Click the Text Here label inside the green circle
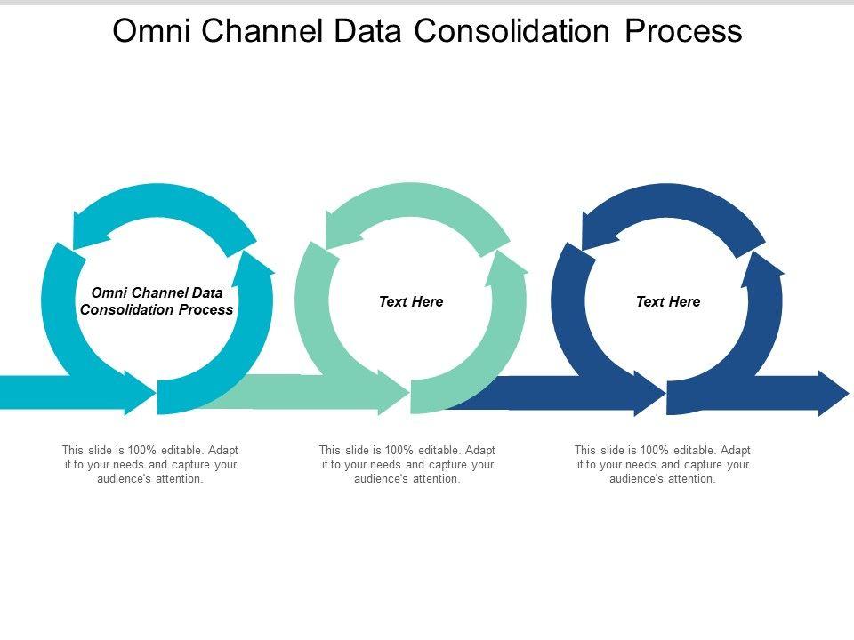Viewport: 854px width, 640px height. pos(411,301)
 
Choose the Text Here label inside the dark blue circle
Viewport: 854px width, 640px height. pos(668,301)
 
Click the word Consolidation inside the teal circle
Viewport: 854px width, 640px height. pos(124,310)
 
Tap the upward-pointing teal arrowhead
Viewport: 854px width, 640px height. pos(255,264)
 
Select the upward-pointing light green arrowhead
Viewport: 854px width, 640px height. pos(510,264)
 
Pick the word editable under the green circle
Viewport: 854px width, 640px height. pos(435,450)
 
